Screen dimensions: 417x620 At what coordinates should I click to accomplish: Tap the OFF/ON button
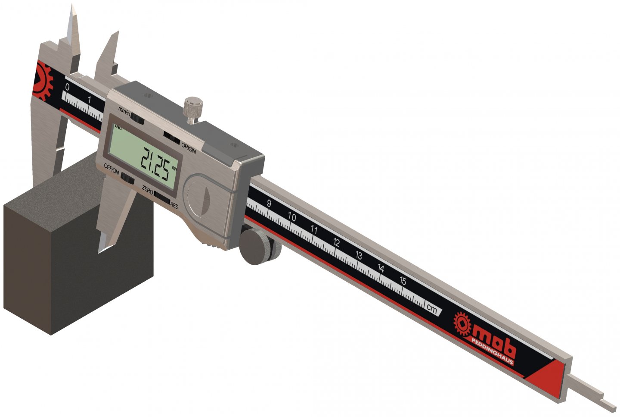coord(127,177)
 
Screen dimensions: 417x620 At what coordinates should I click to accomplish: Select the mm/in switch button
coord(138,118)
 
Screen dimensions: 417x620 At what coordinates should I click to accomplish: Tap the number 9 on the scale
coord(269,204)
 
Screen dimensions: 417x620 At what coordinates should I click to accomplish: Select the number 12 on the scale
coord(336,243)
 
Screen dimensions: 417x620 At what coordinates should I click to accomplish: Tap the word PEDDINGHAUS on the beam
coord(493,353)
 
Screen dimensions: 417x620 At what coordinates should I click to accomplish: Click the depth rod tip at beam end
coord(608,404)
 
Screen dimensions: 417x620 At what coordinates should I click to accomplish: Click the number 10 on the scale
coord(292,217)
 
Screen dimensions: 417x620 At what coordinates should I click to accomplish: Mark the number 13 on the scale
coord(359,255)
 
